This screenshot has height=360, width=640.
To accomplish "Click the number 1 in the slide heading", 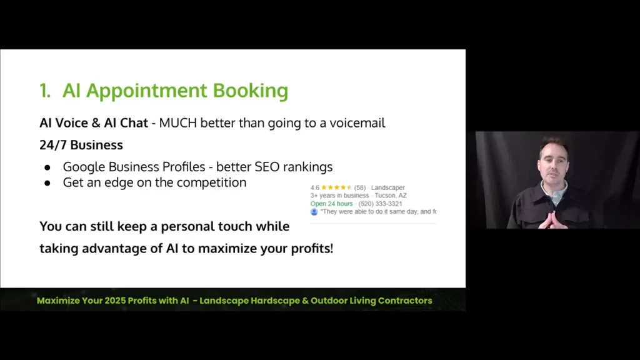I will [44, 91].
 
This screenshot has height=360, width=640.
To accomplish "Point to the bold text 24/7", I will [52, 145].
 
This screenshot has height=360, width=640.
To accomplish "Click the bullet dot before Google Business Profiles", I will [47, 167].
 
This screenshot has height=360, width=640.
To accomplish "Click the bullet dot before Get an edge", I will [47, 183].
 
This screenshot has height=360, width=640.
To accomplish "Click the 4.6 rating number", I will [314, 187].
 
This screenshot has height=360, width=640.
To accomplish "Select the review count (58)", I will [359, 187].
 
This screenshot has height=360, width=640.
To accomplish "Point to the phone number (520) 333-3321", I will [380, 204].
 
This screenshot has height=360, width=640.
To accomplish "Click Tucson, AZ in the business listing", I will [391, 196].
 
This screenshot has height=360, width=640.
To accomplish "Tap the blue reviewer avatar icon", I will [314, 212].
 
